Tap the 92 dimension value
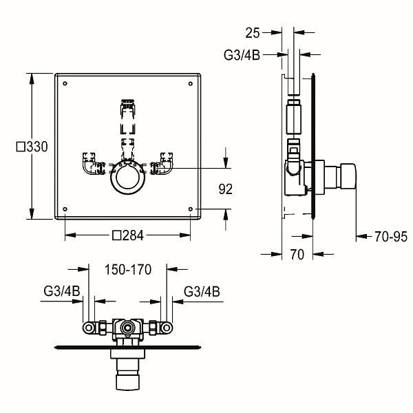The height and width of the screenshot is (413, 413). click(x=226, y=189)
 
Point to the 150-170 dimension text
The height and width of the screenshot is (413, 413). click(x=128, y=269)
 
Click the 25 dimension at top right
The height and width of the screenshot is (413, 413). click(x=253, y=33)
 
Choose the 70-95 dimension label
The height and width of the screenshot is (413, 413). click(x=391, y=237)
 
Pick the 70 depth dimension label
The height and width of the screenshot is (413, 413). click(x=297, y=255)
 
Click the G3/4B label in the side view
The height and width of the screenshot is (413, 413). click(x=242, y=55)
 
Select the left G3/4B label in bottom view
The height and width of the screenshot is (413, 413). click(x=62, y=291)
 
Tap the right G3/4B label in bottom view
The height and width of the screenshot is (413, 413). click(x=202, y=292)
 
